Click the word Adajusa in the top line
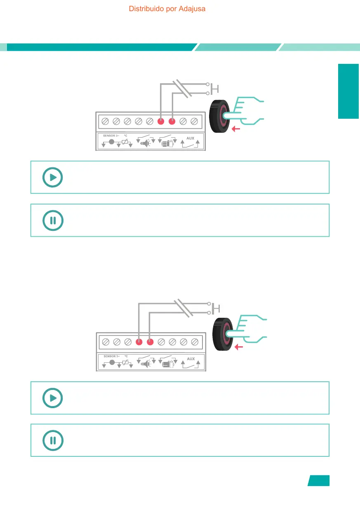pos(192,8)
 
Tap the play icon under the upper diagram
pos(53,177)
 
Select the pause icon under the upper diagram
pos(53,220)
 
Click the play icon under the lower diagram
pos(53,398)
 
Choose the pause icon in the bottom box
pos(53,440)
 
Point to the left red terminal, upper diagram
pos(161,122)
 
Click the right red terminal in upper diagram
pos(172,122)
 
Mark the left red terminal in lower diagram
pos(139,342)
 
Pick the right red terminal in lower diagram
pos(150,342)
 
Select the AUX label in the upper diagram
pos(191,138)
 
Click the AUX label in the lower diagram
pos(191,359)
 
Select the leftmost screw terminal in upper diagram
pos(105,122)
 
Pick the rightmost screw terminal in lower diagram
pos(195,342)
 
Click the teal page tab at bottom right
pos(319,481)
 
